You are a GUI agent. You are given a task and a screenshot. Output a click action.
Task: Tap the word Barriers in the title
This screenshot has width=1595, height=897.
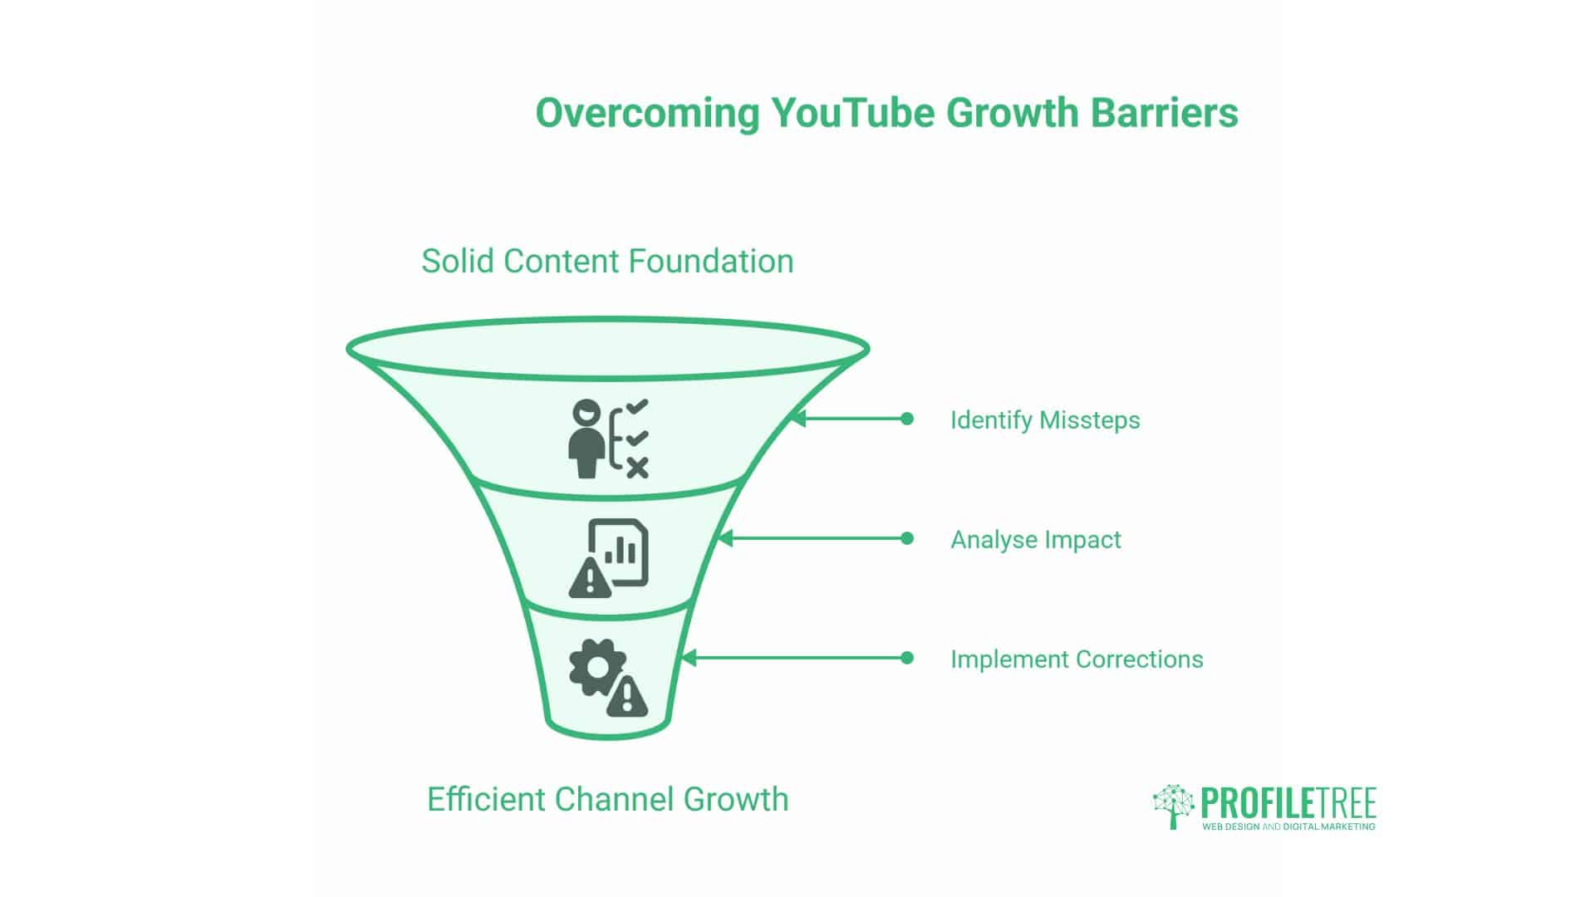point(1165,112)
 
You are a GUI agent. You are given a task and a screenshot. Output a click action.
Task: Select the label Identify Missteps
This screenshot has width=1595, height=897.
point(1045,420)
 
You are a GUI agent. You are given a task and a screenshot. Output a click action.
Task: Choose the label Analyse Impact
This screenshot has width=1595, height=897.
point(1036,540)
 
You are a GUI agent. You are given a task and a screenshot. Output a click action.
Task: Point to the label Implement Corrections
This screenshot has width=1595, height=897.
point(1077,659)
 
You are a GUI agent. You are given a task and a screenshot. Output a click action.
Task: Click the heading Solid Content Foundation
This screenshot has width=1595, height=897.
point(607,261)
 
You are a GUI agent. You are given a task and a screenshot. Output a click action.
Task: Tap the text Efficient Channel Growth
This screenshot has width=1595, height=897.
point(607,799)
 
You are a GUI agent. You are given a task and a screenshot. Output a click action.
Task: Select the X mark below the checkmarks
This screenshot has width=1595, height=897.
point(637,468)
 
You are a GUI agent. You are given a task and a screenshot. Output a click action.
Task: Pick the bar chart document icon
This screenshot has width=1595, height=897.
point(619,552)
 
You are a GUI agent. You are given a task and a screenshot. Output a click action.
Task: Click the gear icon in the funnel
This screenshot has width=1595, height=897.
point(597,667)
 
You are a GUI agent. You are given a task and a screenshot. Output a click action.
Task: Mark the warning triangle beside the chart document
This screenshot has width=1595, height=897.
point(590,577)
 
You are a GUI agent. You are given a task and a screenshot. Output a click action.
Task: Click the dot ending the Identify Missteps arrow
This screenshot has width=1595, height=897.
point(907,419)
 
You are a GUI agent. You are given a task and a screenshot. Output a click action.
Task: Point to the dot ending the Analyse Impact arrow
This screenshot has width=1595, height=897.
point(907,538)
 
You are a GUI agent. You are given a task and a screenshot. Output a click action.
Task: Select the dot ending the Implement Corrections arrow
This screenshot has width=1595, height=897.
point(907,658)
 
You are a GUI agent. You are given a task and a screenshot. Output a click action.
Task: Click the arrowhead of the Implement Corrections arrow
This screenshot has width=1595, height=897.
point(688,658)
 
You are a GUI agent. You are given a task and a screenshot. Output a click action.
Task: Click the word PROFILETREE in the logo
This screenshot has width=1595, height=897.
point(1288,802)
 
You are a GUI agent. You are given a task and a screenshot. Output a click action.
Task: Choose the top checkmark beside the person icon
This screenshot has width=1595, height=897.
point(637,407)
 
